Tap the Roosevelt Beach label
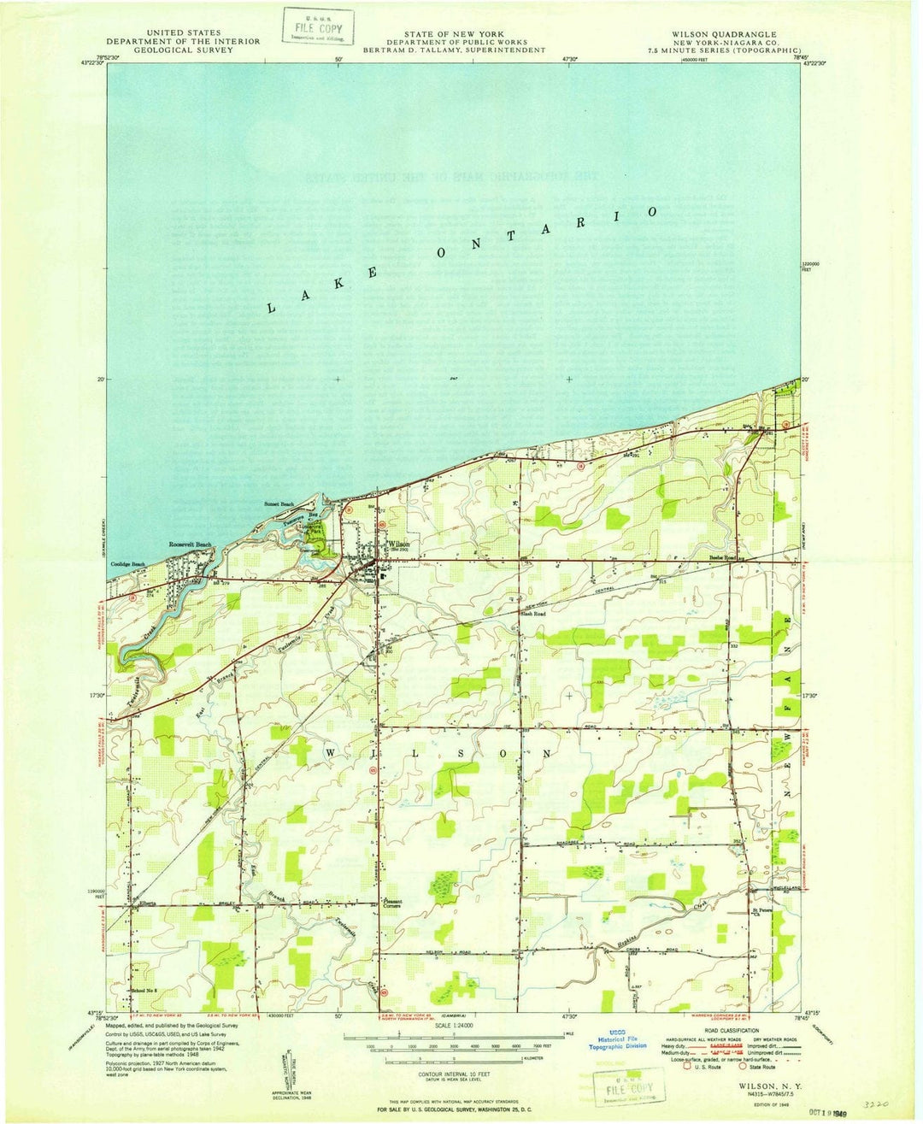190,544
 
